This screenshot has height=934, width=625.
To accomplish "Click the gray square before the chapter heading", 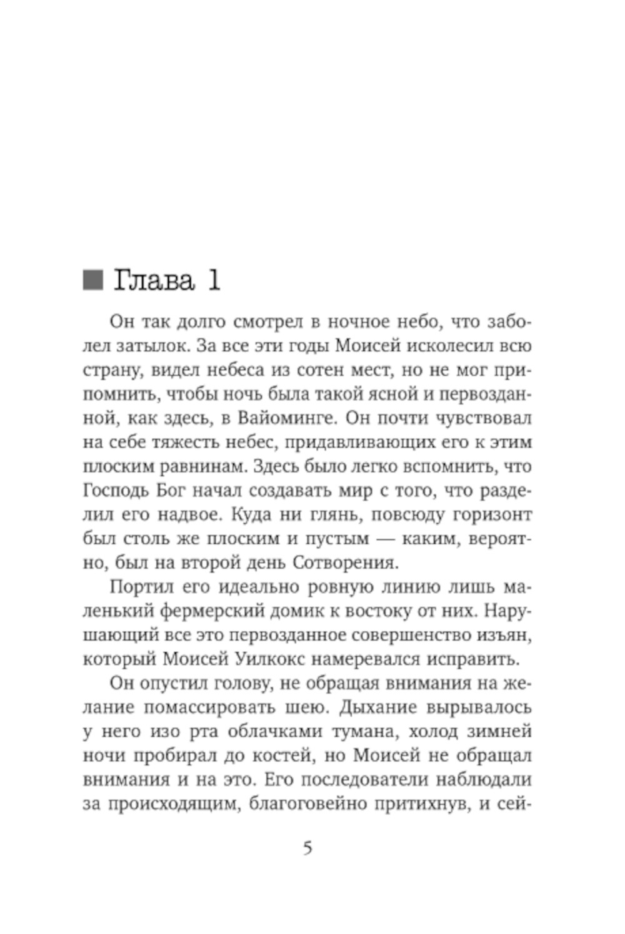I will tap(92, 280).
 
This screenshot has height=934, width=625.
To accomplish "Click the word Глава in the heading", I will tap(153, 281).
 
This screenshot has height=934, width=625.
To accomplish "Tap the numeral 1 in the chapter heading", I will tap(213, 281).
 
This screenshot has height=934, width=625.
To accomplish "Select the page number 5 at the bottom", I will tap(307, 848).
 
